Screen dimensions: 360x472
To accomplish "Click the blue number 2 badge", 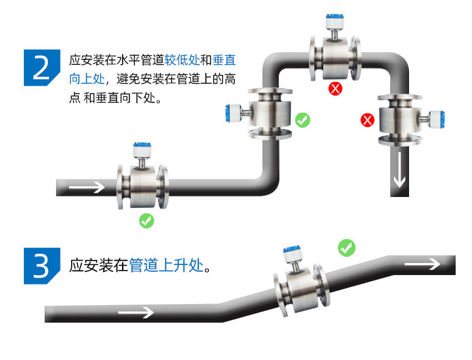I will pyautogui.click(x=42, y=67).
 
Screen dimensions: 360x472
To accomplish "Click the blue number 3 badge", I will pyautogui.click(x=42, y=266).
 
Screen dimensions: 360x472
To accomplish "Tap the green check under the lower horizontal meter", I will pyautogui.click(x=146, y=221).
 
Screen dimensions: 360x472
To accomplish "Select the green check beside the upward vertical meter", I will pyautogui.click(x=303, y=120).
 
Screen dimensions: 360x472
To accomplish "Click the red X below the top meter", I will pyautogui.click(x=335, y=88).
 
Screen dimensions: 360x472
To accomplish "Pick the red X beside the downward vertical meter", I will pyautogui.click(x=367, y=120).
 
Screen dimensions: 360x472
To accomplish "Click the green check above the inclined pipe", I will pyautogui.click(x=346, y=247).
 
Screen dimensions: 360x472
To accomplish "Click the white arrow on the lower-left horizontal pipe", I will pyautogui.click(x=87, y=187).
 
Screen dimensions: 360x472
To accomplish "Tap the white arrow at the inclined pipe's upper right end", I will pyautogui.click(x=422, y=264).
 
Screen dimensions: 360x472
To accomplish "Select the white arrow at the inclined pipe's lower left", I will pyautogui.click(x=136, y=312).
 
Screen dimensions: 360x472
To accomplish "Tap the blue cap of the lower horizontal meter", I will pyautogui.click(x=142, y=150).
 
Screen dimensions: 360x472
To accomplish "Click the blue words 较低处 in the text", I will pyautogui.click(x=182, y=61).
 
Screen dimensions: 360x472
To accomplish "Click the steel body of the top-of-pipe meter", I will pyautogui.click(x=334, y=53).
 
